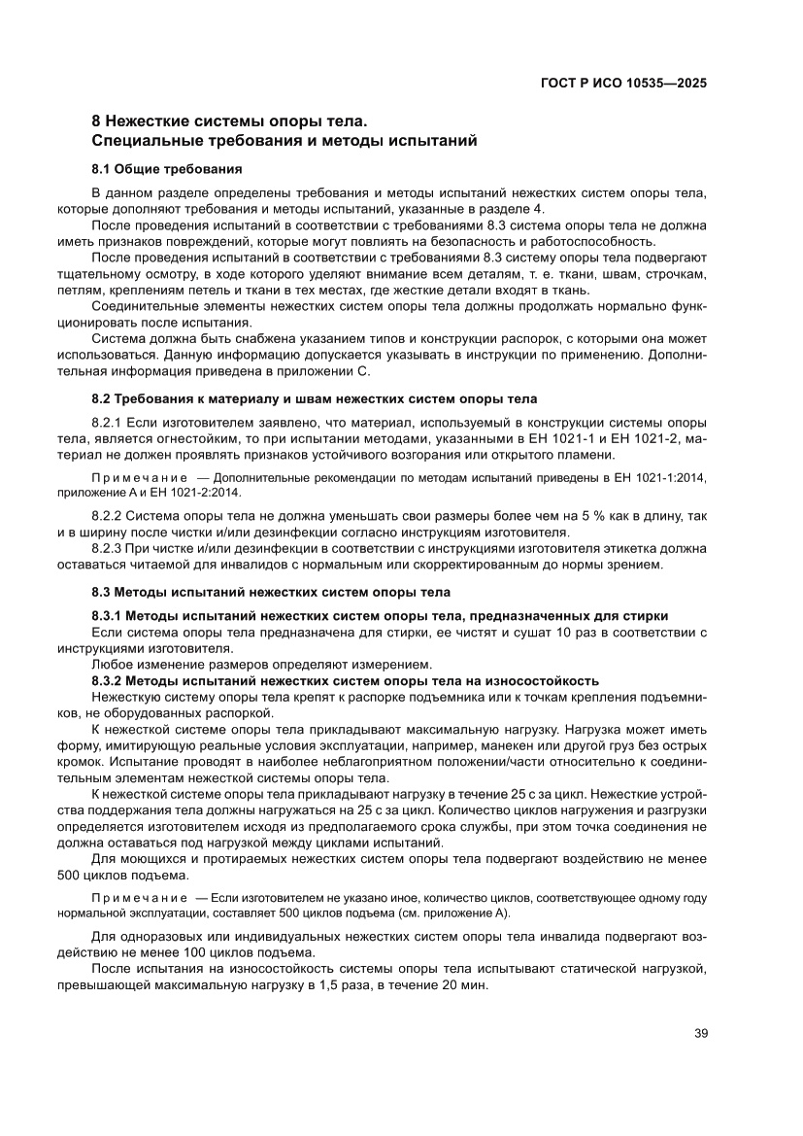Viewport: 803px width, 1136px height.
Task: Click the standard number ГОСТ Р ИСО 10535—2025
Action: [x=622, y=83]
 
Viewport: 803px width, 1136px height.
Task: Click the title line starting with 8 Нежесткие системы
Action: [x=230, y=122]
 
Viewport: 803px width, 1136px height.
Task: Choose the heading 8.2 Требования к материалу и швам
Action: [x=314, y=398]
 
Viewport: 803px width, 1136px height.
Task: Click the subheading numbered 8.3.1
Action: [x=380, y=615]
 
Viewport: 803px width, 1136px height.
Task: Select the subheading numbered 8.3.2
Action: [x=345, y=679]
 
